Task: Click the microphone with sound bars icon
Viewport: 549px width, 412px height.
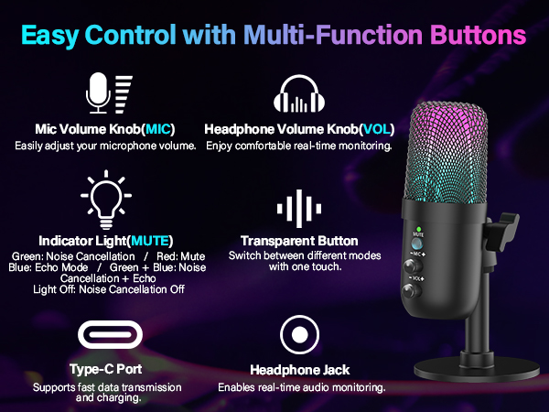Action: click(x=107, y=92)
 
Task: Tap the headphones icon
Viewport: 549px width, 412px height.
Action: click(x=300, y=93)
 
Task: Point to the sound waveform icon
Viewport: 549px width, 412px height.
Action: click(x=300, y=206)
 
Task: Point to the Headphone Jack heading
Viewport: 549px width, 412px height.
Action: click(x=299, y=370)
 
